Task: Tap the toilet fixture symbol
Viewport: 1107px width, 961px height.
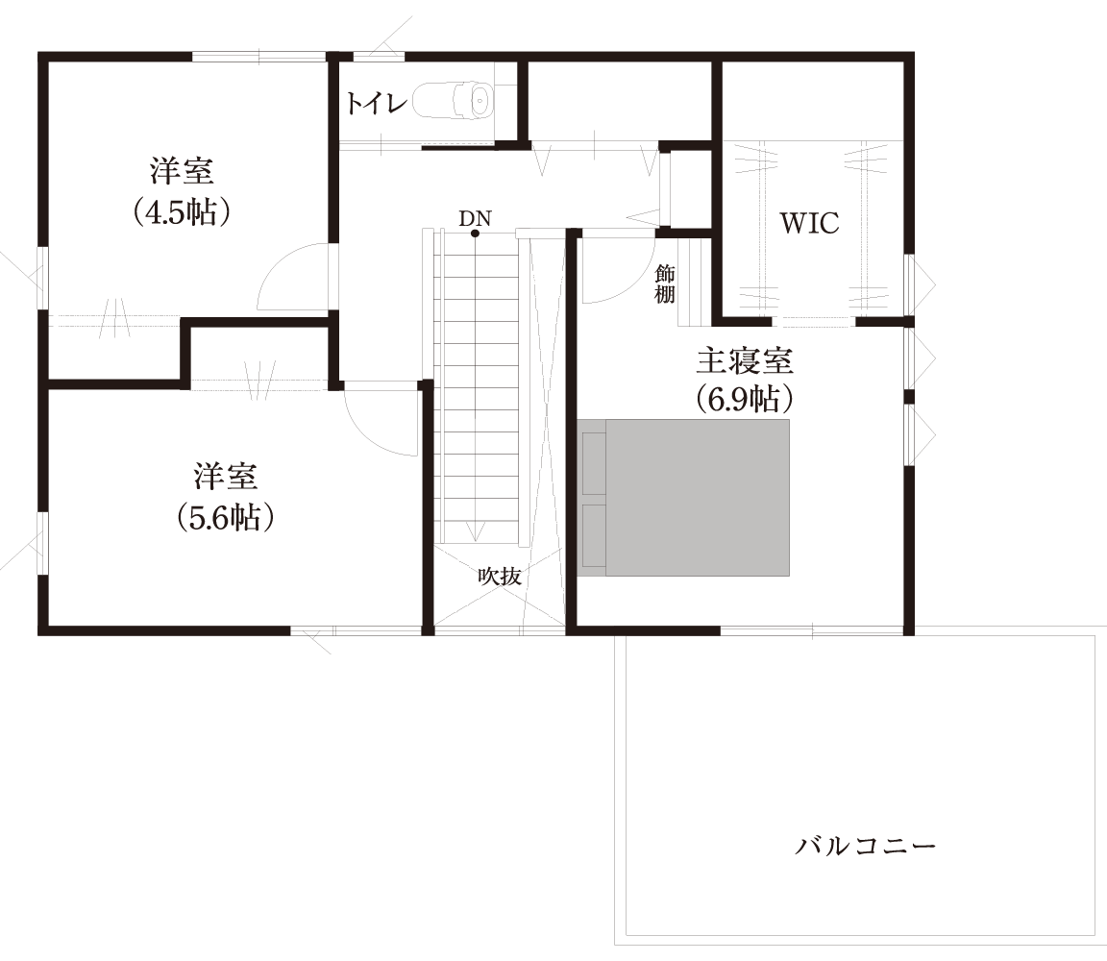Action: click(453, 101)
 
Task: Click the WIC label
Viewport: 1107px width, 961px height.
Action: click(809, 224)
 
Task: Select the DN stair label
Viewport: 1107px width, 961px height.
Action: click(475, 219)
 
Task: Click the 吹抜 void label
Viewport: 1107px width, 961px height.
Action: click(500, 577)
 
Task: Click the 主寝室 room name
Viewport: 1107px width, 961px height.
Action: click(745, 362)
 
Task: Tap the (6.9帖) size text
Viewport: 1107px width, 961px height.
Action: click(745, 399)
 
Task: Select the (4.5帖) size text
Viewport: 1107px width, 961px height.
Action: click(183, 211)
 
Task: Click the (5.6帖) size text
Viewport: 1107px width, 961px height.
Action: click(227, 517)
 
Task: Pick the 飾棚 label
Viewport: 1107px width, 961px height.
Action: click(665, 284)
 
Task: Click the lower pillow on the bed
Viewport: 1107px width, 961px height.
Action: click(594, 535)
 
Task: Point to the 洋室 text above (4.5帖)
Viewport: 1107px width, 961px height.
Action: click(183, 173)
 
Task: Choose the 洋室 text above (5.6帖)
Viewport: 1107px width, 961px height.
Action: click(227, 478)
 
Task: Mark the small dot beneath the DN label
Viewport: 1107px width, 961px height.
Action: click(475, 234)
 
